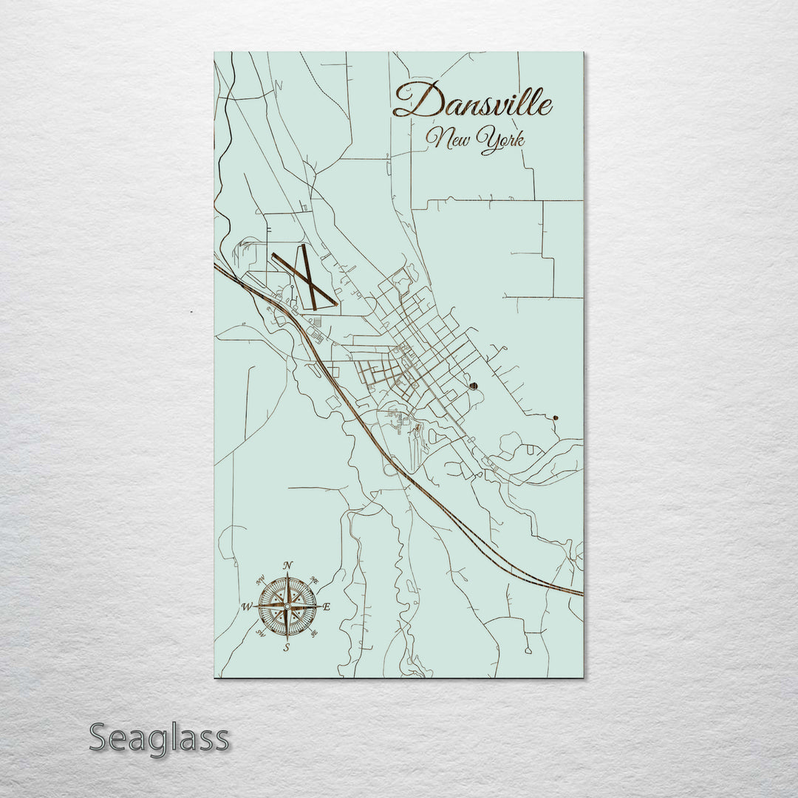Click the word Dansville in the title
click(x=473, y=102)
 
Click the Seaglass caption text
click(x=159, y=737)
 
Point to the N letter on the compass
click(x=288, y=565)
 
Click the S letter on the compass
click(x=287, y=647)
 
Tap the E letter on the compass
click(x=327, y=607)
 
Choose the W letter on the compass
click(x=247, y=607)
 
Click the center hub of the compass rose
click(x=287, y=606)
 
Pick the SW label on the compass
click(x=261, y=633)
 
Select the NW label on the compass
click(x=261, y=579)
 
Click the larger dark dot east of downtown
click(x=473, y=386)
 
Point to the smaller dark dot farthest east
click(x=555, y=417)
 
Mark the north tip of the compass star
click(x=287, y=573)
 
